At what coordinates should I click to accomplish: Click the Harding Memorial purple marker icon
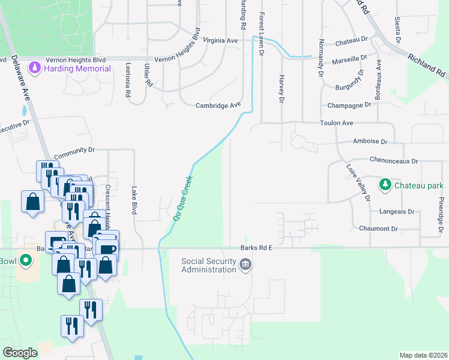tap(35, 67)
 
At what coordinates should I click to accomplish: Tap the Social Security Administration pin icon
tap(245, 264)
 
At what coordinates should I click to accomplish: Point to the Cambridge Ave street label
tap(218, 106)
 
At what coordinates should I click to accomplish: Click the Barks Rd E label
tap(256, 247)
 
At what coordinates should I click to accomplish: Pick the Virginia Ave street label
tap(221, 40)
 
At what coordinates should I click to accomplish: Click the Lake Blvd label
tap(134, 200)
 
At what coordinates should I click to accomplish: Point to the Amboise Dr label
tap(371, 142)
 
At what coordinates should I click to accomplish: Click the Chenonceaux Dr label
tap(385, 161)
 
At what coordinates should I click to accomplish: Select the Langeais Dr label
tap(397, 212)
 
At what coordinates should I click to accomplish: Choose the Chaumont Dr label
tap(378, 229)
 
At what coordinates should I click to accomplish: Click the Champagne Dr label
tap(350, 105)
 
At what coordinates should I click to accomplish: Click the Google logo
tap(20, 352)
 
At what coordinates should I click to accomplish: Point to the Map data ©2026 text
tap(423, 355)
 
